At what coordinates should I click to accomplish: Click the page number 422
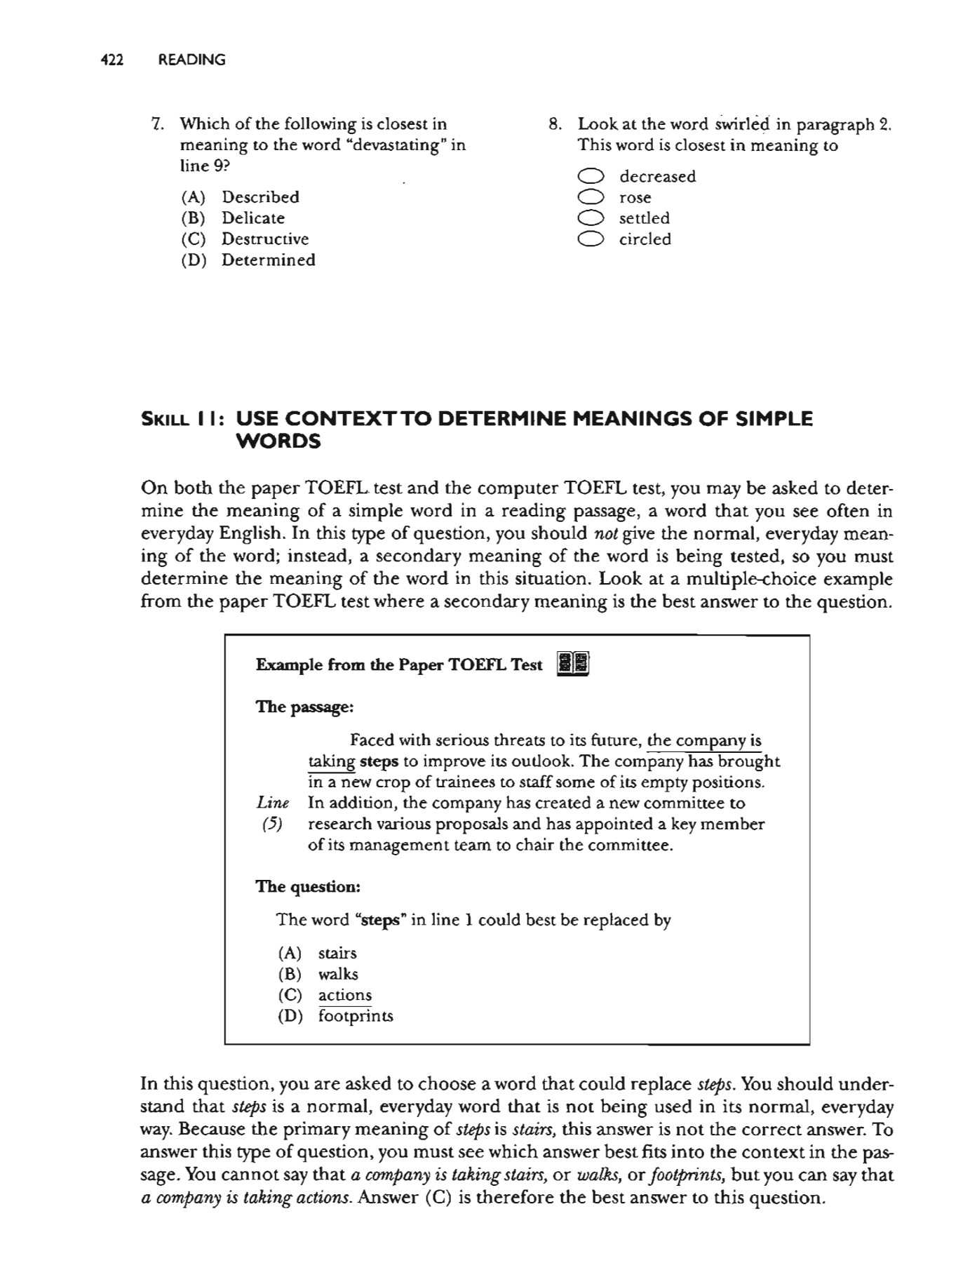[112, 60]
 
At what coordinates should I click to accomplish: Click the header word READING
[191, 60]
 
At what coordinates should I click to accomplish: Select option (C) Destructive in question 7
[264, 239]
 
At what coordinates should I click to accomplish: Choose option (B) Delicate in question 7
[252, 218]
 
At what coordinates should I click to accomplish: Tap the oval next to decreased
[591, 176]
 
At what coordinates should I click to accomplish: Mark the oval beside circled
[591, 239]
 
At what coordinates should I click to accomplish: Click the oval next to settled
[591, 218]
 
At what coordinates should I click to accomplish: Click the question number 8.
[555, 124]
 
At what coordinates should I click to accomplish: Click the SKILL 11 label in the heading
[182, 420]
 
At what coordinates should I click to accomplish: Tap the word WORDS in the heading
[278, 442]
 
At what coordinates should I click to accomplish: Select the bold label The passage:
[304, 707]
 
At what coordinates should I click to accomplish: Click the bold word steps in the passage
[379, 761]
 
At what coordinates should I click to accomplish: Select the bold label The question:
[308, 887]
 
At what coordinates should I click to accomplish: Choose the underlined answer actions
[344, 995]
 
